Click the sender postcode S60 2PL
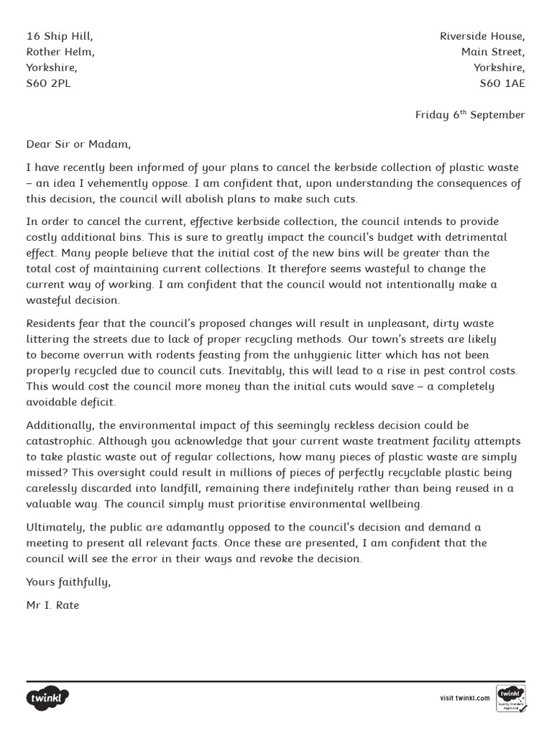tap(49, 83)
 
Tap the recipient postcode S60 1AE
tap(502, 83)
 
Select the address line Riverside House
tap(482, 36)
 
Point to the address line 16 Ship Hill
tap(60, 36)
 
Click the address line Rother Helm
tap(60, 52)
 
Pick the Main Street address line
tap(493, 52)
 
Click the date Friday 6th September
tap(470, 115)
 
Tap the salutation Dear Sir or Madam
tap(79, 144)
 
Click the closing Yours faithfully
tap(68, 581)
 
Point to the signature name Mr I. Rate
tap(52, 605)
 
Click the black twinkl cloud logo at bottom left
tap(48, 697)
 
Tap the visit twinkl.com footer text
tap(464, 698)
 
